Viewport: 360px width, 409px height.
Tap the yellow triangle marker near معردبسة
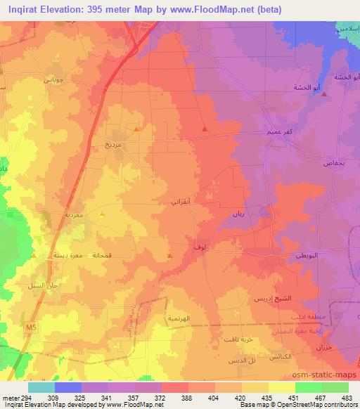102,214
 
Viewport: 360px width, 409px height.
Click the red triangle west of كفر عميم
204,129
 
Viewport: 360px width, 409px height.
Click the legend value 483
347,398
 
